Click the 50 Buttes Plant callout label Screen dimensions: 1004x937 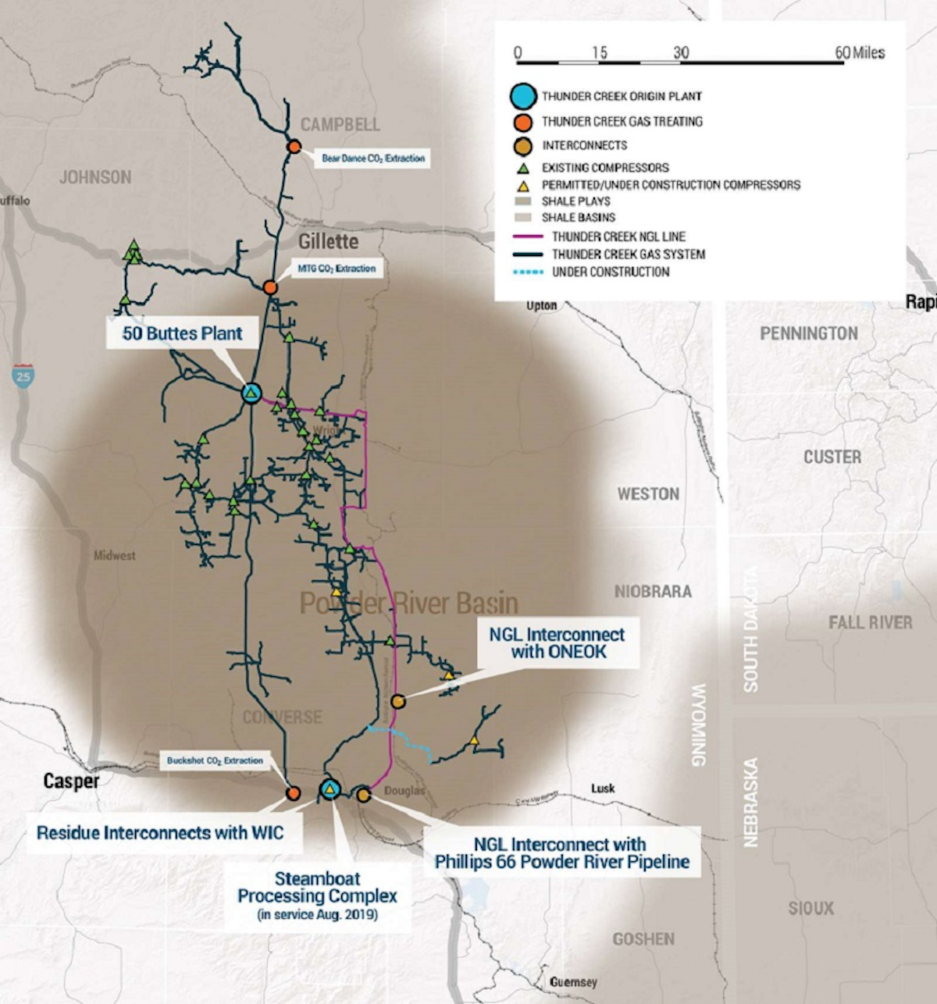coord(182,333)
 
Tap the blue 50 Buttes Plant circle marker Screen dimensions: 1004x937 coord(251,393)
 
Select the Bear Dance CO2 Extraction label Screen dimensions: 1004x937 coord(373,158)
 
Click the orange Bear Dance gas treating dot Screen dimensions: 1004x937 coord(294,147)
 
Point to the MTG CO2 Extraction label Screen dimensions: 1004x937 coord(337,269)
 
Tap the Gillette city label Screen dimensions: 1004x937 coord(328,241)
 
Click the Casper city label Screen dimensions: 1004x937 coord(71,781)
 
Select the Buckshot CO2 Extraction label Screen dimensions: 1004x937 coord(215,760)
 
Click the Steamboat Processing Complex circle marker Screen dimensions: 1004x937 coord(330,790)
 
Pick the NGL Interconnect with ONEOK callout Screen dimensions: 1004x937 coord(558,643)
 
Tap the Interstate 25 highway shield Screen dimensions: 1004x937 coord(23,377)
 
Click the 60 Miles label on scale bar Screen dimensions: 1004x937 coord(860,52)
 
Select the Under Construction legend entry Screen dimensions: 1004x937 coord(610,272)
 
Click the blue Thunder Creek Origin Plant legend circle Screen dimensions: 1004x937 coord(524,97)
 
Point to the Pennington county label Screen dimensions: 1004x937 coord(808,333)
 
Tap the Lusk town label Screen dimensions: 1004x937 coord(603,789)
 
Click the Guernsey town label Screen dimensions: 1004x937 coord(573,981)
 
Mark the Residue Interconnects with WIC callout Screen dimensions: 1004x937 coord(159,833)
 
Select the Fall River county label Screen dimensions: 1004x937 coord(870,622)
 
